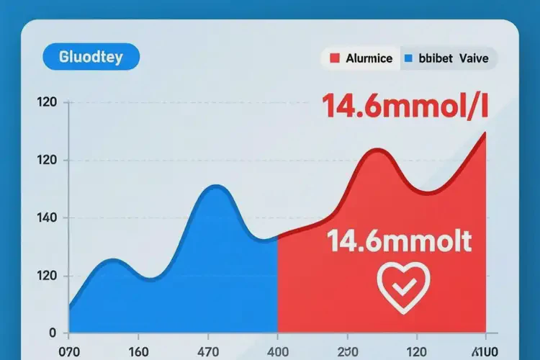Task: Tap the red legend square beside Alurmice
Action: (333, 58)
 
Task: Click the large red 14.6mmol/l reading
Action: (405, 107)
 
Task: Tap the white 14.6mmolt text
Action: (400, 241)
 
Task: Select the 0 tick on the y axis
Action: (53, 333)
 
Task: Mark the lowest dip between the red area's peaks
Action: (426, 192)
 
